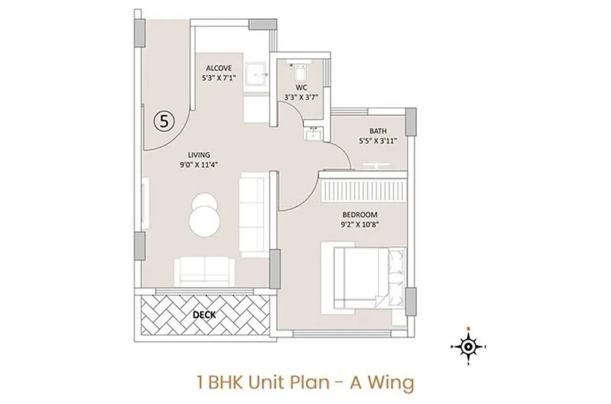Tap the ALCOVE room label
click(219, 69)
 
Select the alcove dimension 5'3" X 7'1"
click(219, 78)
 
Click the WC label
click(301, 88)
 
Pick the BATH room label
click(378, 131)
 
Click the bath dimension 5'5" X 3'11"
click(378, 141)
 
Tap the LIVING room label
click(199, 155)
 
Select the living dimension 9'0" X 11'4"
click(199, 164)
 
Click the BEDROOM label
click(360, 215)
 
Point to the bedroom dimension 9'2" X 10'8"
click(360, 224)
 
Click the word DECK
click(204, 315)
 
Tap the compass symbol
click(468, 346)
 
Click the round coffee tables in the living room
click(204, 215)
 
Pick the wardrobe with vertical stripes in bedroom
click(363, 191)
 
